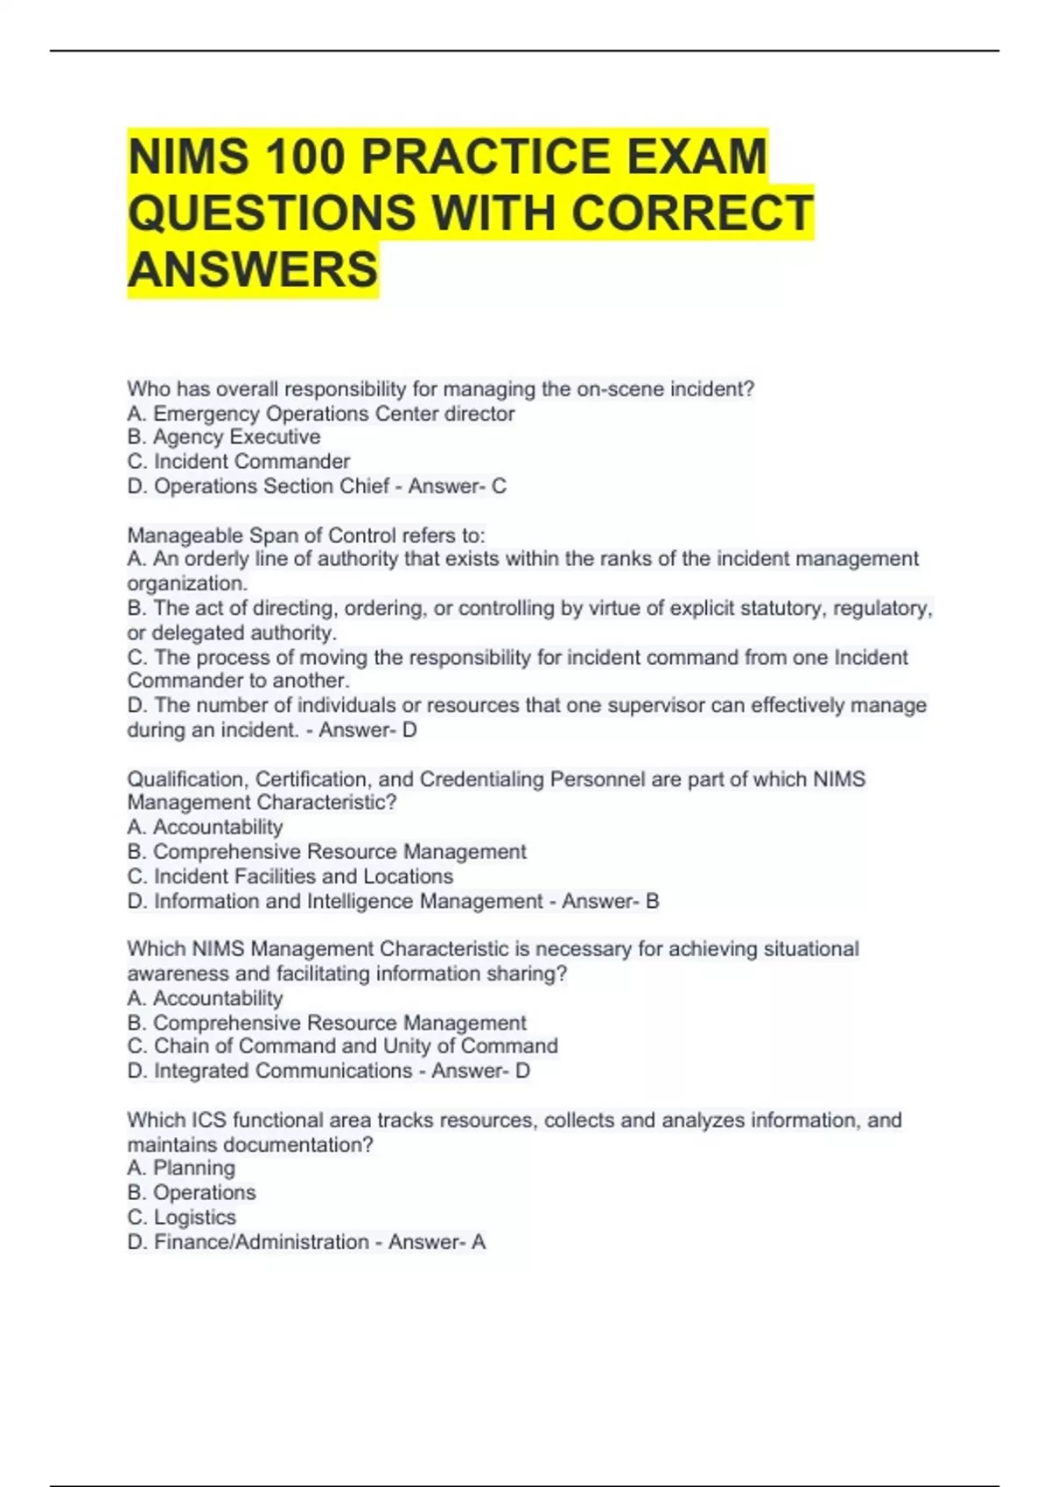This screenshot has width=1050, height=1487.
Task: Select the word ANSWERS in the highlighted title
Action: coord(253,269)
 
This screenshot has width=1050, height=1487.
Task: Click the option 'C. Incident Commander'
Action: coord(239,461)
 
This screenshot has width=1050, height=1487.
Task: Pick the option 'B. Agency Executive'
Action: coord(224,436)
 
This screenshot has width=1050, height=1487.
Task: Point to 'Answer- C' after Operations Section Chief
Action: coord(457,485)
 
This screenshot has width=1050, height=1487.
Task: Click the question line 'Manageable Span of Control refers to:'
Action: coord(305,534)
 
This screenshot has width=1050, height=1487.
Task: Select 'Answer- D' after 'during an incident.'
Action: coord(367,730)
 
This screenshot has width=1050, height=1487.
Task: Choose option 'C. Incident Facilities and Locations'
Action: coord(290,876)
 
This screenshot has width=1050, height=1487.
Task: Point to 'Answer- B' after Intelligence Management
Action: coord(610,901)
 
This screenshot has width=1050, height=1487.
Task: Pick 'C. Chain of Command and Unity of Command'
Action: coord(342,1046)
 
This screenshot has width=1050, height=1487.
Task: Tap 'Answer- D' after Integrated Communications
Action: coord(480,1071)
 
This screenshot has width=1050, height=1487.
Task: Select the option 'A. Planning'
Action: coord(181,1168)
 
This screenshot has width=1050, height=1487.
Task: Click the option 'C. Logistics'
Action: coord(182,1217)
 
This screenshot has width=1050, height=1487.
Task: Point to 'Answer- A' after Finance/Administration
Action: coord(437,1241)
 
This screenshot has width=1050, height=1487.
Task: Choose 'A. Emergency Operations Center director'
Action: coord(321,413)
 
